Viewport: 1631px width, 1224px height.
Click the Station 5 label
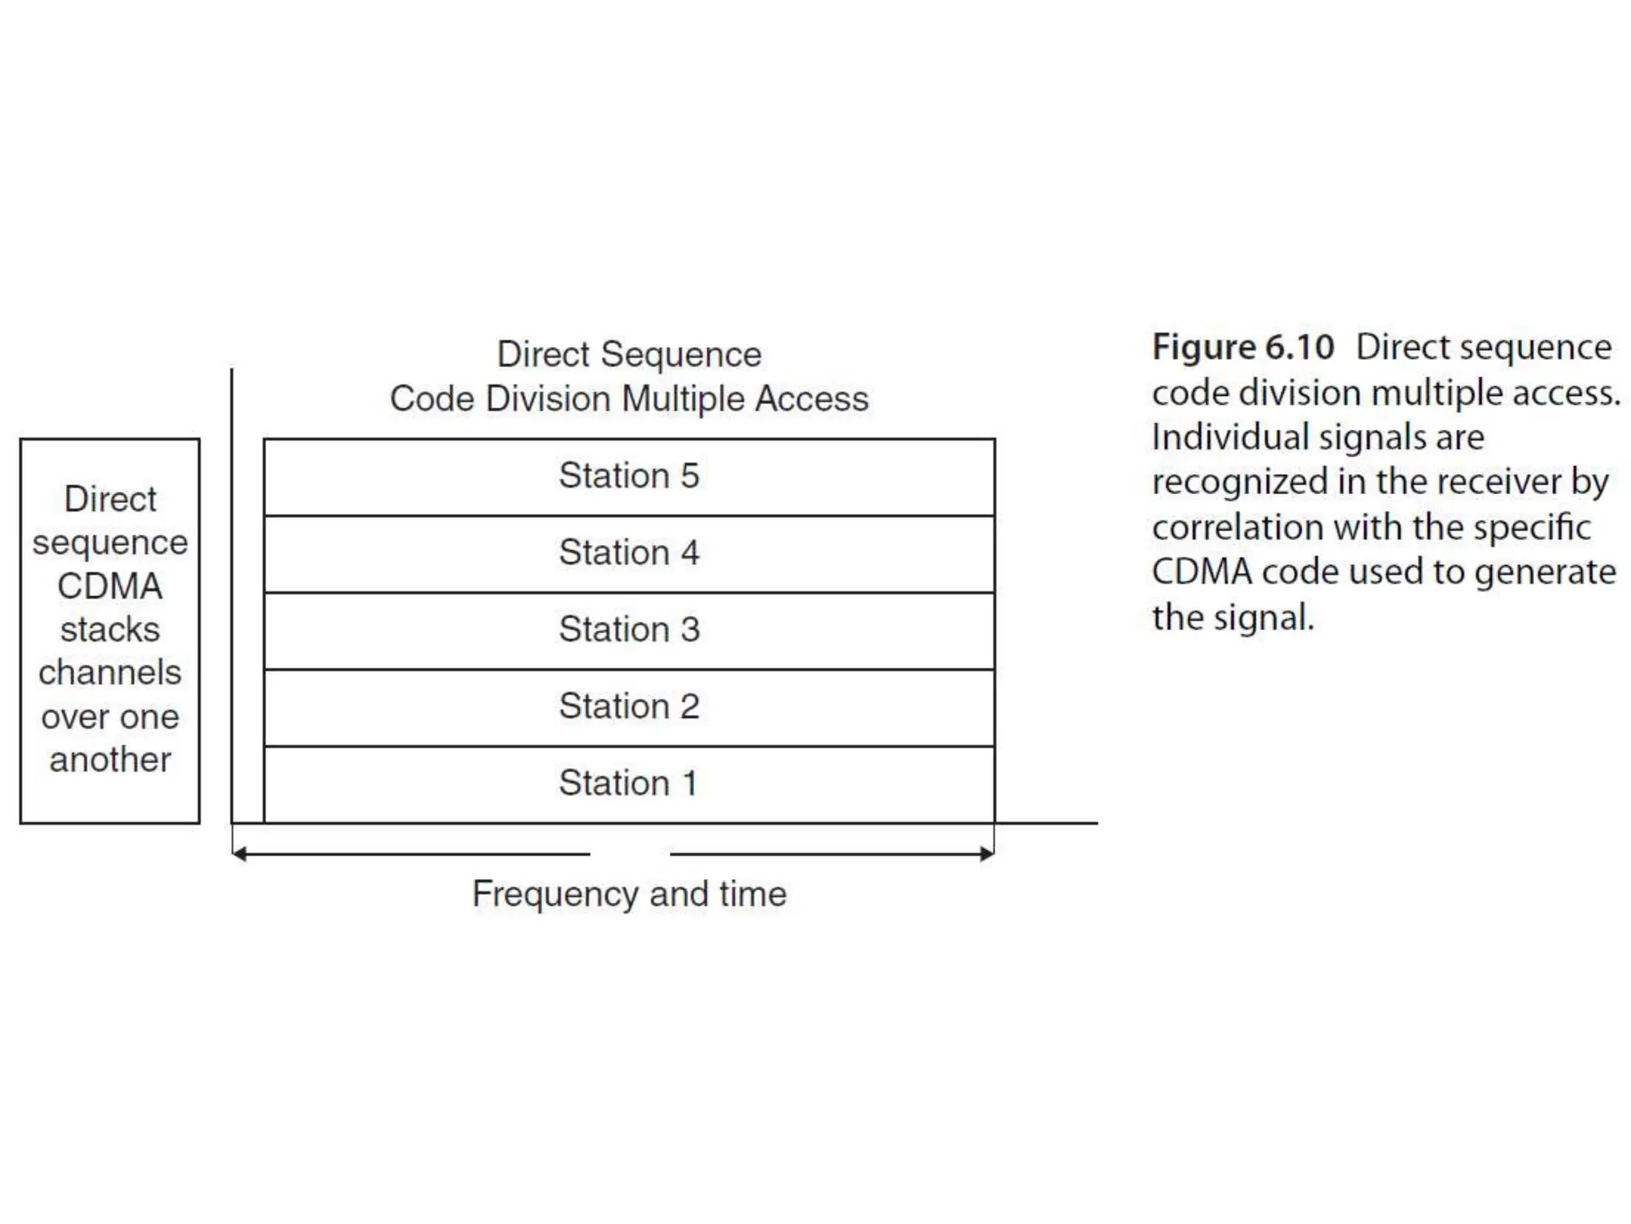[x=628, y=476]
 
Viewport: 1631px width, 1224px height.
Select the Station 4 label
[x=628, y=552]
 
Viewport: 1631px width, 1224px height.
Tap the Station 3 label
[x=628, y=630]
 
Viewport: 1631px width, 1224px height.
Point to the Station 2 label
[x=628, y=706]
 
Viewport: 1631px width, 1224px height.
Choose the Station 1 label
[x=628, y=783]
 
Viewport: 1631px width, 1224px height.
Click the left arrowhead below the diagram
[x=239, y=854]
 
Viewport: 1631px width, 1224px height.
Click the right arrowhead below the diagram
[x=988, y=854]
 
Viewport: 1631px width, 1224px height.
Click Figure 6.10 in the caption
[x=1242, y=347]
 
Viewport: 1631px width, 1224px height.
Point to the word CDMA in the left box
[x=110, y=586]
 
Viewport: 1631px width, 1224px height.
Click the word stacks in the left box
[x=110, y=630]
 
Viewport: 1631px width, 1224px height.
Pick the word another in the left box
[x=110, y=759]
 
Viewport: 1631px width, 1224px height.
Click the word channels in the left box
[x=110, y=673]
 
